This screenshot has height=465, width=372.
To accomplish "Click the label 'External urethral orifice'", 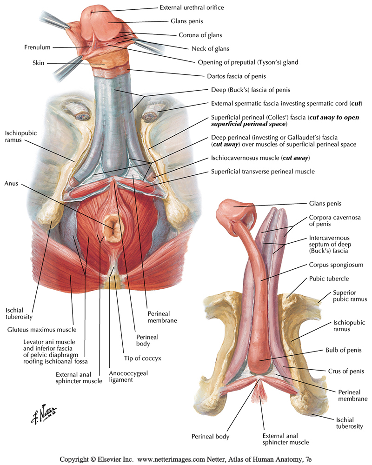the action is coord(192,7).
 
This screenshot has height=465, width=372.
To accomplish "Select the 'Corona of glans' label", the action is coord(200,35).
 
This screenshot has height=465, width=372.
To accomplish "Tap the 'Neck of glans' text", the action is coord(210,49).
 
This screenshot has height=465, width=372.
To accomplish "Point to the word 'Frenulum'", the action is coord(37,47).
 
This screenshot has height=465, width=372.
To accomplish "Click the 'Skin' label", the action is coord(38,63).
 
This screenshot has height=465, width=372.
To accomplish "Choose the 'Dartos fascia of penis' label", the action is coord(236,76).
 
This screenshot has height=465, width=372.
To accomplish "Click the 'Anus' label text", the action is coord(11,183).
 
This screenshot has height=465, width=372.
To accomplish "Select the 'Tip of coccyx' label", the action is coord(143,358).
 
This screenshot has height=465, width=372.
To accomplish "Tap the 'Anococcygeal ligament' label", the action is coord(128,376).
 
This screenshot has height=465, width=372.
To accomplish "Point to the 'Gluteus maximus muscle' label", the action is coord(42,330).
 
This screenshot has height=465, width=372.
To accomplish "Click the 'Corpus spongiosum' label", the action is coord(336,265).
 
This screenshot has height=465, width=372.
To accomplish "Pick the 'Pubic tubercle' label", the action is coord(329,279).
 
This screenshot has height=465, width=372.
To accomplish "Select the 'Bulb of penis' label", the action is coord(344,350).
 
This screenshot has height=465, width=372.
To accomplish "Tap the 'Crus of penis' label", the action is coord(346,371).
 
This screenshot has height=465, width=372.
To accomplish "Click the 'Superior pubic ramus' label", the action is coord(350,296).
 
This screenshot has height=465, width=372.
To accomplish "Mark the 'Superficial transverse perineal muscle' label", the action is coord(263,172).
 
